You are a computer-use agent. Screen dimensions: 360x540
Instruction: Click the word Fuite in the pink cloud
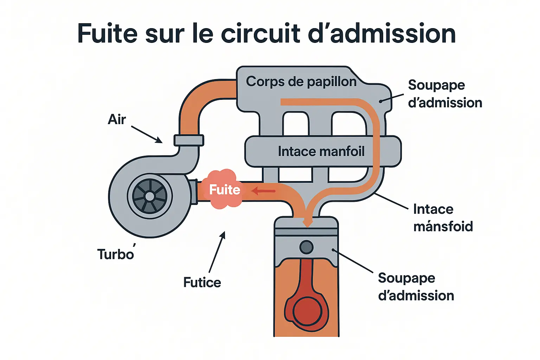click(225, 190)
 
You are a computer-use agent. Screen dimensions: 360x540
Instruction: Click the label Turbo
click(116, 254)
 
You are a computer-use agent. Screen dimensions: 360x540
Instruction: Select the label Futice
click(202, 282)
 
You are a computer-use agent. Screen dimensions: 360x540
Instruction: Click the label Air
click(117, 120)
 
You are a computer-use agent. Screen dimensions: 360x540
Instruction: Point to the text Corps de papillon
click(301, 82)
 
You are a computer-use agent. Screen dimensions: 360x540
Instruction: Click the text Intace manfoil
click(321, 152)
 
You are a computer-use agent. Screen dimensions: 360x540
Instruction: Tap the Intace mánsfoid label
click(443, 218)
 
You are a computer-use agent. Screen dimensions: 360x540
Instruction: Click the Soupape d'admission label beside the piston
click(416, 287)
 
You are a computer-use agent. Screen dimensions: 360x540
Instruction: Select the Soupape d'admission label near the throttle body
click(445, 94)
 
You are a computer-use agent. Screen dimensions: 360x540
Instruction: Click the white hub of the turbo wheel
click(150, 197)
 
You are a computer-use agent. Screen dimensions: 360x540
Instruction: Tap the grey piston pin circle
click(307, 247)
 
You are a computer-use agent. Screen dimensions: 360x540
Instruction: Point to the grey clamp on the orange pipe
click(189, 140)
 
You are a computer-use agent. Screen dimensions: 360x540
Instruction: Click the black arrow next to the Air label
click(147, 135)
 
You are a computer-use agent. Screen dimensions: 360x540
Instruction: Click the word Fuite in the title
click(107, 34)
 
